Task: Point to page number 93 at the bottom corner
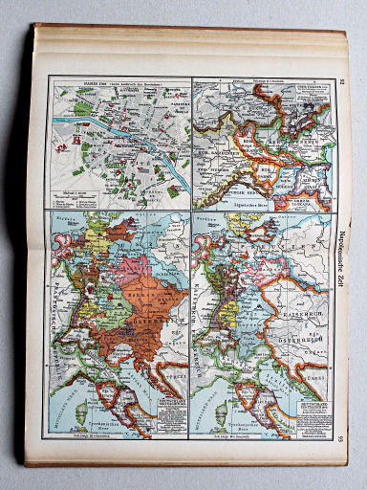[342, 437]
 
